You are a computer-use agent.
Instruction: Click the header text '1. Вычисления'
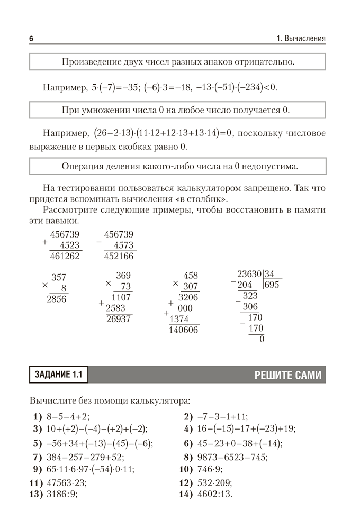[301, 39]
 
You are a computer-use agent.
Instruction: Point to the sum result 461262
[64, 256]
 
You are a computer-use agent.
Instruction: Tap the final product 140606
[183, 330]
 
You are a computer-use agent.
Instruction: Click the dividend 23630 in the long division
[249, 274]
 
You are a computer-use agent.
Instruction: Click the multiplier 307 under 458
[190, 286]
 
